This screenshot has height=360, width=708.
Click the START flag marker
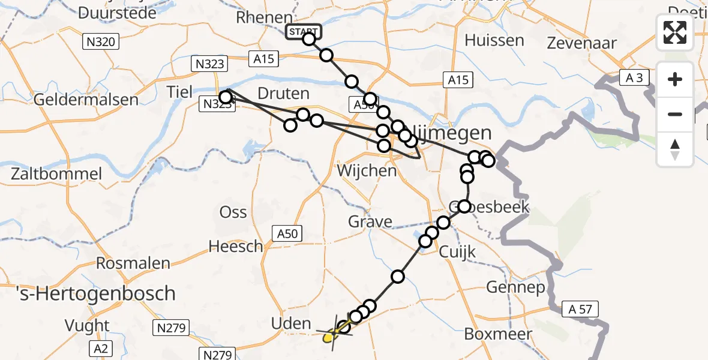click(x=304, y=32)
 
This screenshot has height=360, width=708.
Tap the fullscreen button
click(x=675, y=32)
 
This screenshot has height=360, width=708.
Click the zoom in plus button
click(x=675, y=79)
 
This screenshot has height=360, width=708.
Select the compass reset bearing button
click(x=675, y=149)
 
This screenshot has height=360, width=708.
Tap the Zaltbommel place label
click(x=56, y=175)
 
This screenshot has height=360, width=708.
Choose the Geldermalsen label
click(x=86, y=100)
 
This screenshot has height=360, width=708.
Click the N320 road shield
click(x=101, y=41)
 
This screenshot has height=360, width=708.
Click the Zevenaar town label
click(x=582, y=43)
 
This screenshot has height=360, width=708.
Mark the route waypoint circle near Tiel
click(x=226, y=97)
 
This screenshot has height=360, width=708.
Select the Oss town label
click(x=233, y=212)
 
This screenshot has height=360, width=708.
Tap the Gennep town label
click(x=515, y=287)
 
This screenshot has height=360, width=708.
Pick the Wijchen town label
click(x=367, y=171)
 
